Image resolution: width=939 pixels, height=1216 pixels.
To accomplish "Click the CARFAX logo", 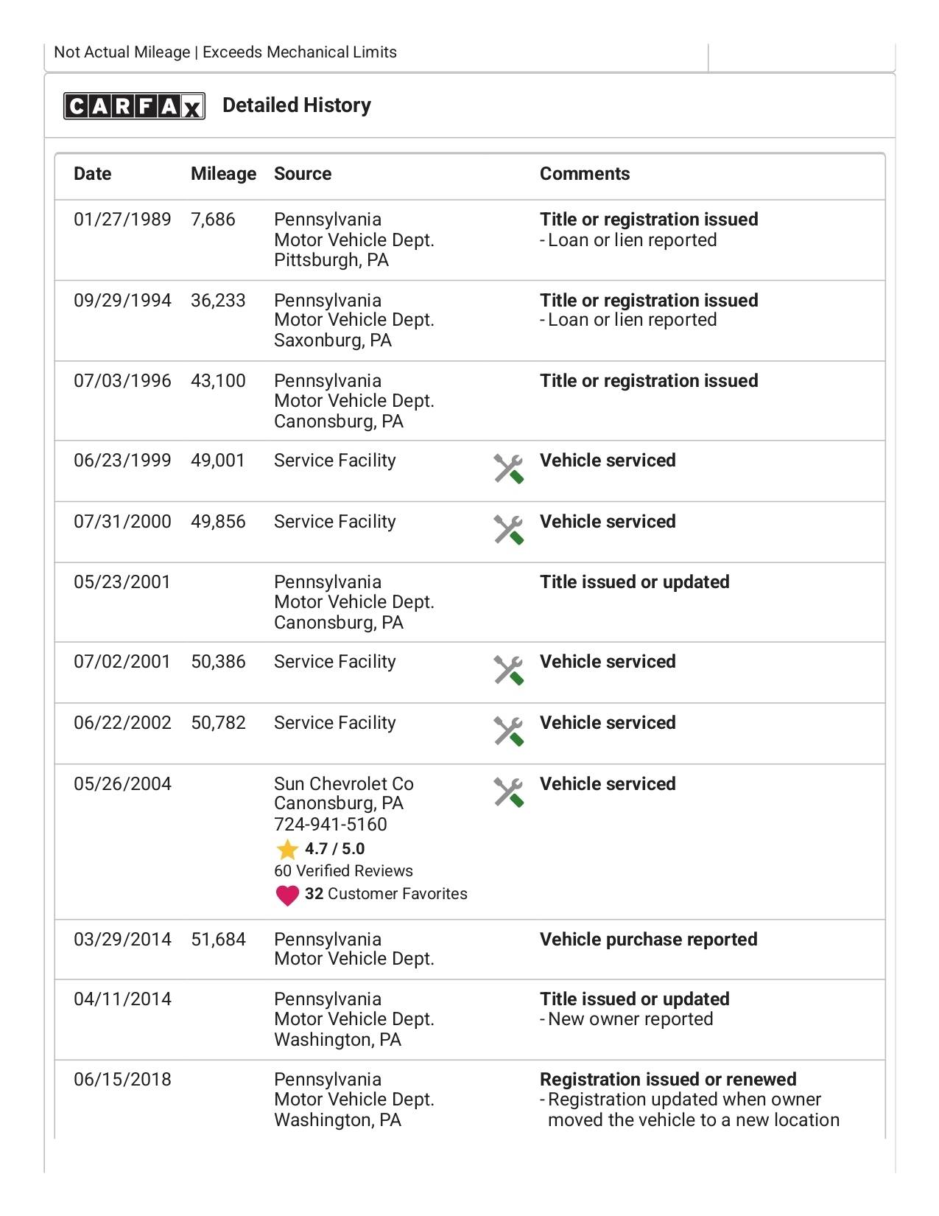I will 134,106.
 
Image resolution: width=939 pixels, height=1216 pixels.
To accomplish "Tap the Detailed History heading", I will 297,105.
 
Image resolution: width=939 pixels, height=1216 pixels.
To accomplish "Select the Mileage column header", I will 223,174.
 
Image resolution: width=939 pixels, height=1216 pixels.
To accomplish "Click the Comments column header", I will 585,174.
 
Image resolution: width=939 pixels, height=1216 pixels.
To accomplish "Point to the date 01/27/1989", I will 122,220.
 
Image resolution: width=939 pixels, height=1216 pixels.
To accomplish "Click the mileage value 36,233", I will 218,301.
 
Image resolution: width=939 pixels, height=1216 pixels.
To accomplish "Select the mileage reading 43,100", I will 218,381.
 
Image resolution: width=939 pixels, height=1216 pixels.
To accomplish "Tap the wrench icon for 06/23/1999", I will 508,469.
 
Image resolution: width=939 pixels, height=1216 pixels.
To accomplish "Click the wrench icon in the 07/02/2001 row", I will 508,670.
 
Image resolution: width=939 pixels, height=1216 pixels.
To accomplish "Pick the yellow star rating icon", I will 286,850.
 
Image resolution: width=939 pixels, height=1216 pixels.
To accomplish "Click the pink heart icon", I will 286,895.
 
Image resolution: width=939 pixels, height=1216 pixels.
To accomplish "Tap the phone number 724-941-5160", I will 330,825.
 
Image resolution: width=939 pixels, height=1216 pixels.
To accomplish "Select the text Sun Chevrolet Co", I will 343,784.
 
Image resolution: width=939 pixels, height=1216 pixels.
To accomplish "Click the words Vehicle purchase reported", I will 648,940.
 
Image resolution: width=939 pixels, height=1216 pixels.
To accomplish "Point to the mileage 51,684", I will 218,940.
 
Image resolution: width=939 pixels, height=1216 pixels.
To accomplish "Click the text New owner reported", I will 630,1019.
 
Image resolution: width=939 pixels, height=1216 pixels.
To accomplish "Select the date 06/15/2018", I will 122,1080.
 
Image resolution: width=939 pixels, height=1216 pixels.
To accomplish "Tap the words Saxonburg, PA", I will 332,340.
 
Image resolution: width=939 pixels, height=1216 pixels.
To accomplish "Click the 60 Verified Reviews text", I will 343,871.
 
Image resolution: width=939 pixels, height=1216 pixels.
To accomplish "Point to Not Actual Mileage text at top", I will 122,52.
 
